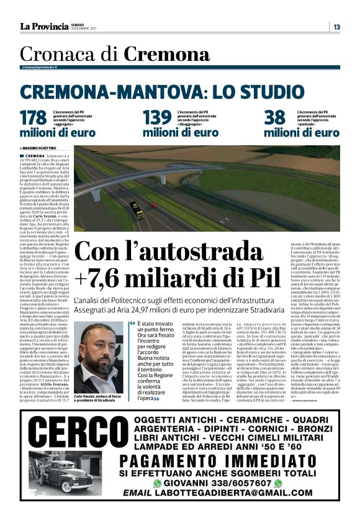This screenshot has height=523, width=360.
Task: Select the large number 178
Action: (34, 118)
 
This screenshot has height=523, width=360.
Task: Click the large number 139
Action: (157, 118)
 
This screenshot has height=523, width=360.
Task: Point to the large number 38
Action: (274, 118)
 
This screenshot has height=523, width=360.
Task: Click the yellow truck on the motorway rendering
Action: (137, 211)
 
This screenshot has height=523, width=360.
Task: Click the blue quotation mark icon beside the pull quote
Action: (132, 324)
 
